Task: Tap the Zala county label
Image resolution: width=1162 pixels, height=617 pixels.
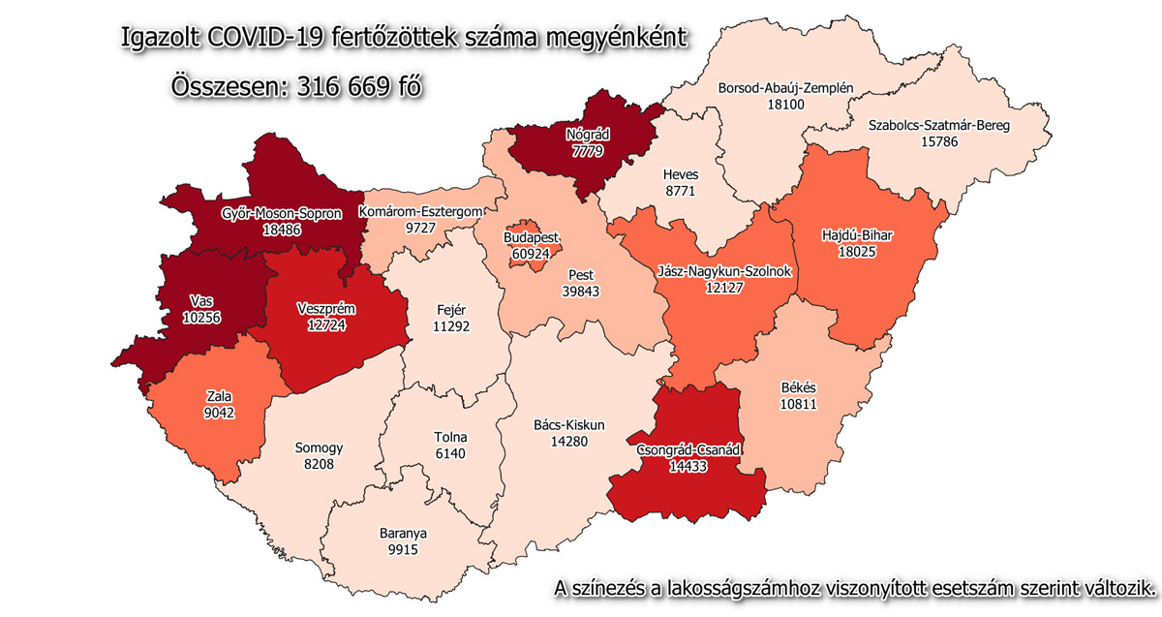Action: coord(218,397)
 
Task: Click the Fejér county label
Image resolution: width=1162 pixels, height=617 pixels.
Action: coord(455,310)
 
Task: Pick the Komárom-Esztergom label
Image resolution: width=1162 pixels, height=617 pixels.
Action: coord(420,211)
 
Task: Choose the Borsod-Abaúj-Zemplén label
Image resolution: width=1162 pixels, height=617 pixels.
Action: coord(785,88)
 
